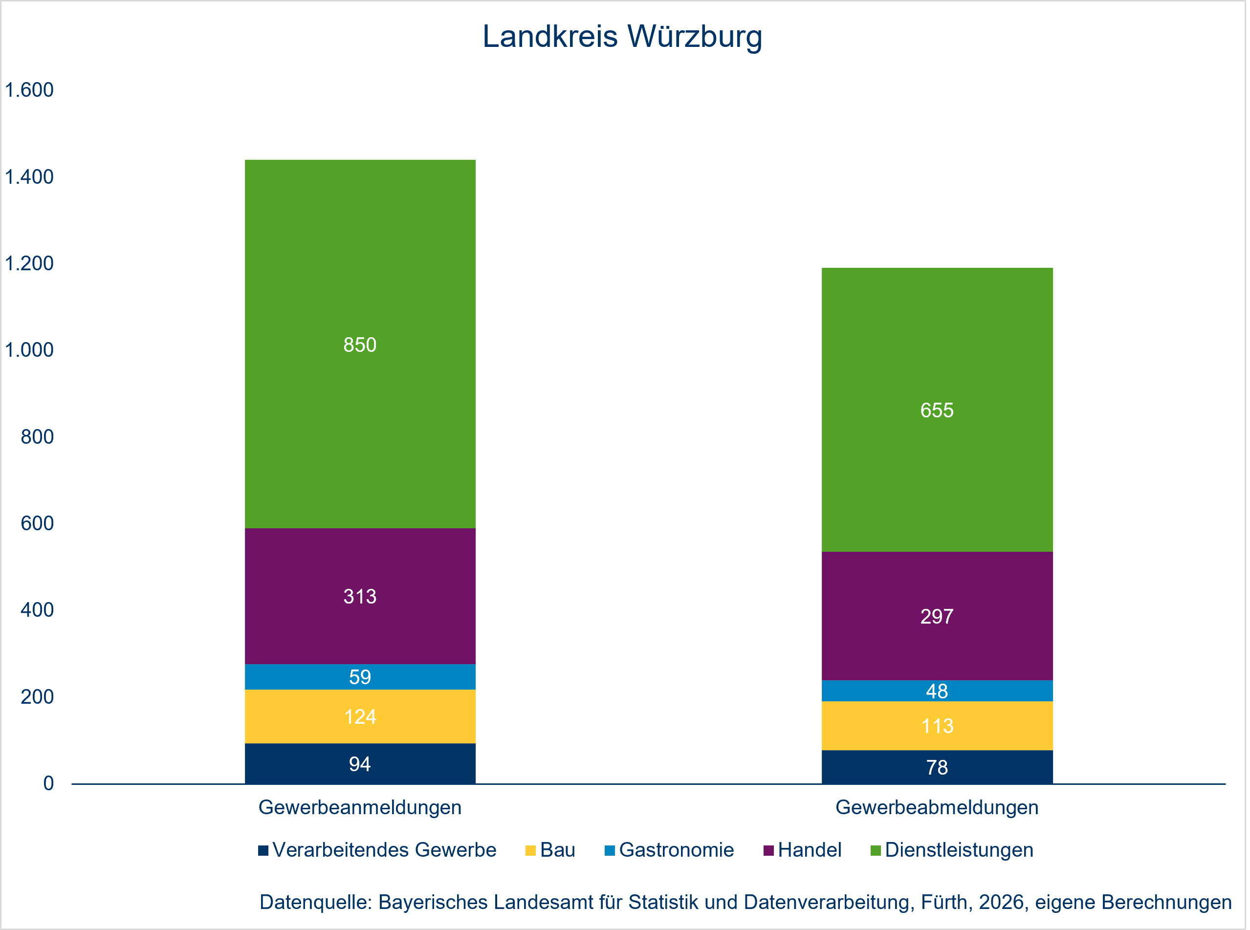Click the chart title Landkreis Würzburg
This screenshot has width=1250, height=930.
pos(622,37)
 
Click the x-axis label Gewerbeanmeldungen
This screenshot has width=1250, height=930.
pos(360,807)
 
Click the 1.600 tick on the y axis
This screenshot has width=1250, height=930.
pos(29,90)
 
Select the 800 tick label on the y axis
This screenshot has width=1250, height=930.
pos(37,437)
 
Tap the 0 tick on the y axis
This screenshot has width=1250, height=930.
pos(48,783)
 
